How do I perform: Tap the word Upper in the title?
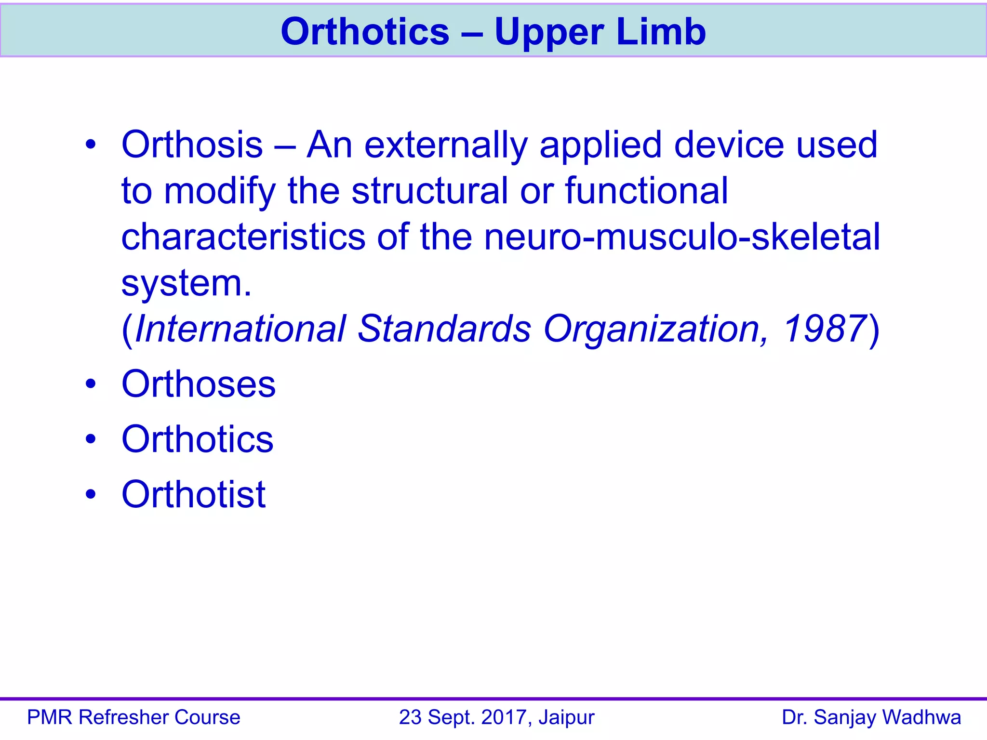pyautogui.click(x=549, y=33)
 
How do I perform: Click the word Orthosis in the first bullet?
pyautogui.click(x=192, y=145)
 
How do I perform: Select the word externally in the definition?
pyautogui.click(x=446, y=145)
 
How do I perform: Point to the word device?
pyautogui.click(x=729, y=145)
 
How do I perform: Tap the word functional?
pyautogui.click(x=647, y=191)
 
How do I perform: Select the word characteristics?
pyautogui.click(x=243, y=237)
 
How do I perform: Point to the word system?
pyautogui.click(x=186, y=283)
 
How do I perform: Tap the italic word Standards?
pyautogui.click(x=444, y=329)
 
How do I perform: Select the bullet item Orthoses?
pyautogui.click(x=199, y=384)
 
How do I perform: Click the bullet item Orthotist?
pyautogui.click(x=193, y=494)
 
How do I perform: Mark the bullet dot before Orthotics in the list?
pyautogui.click(x=91, y=439)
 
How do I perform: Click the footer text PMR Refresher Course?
pyautogui.click(x=133, y=717)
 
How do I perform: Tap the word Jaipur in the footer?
pyautogui.click(x=567, y=717)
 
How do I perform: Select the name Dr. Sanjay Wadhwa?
pyautogui.click(x=871, y=717)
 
